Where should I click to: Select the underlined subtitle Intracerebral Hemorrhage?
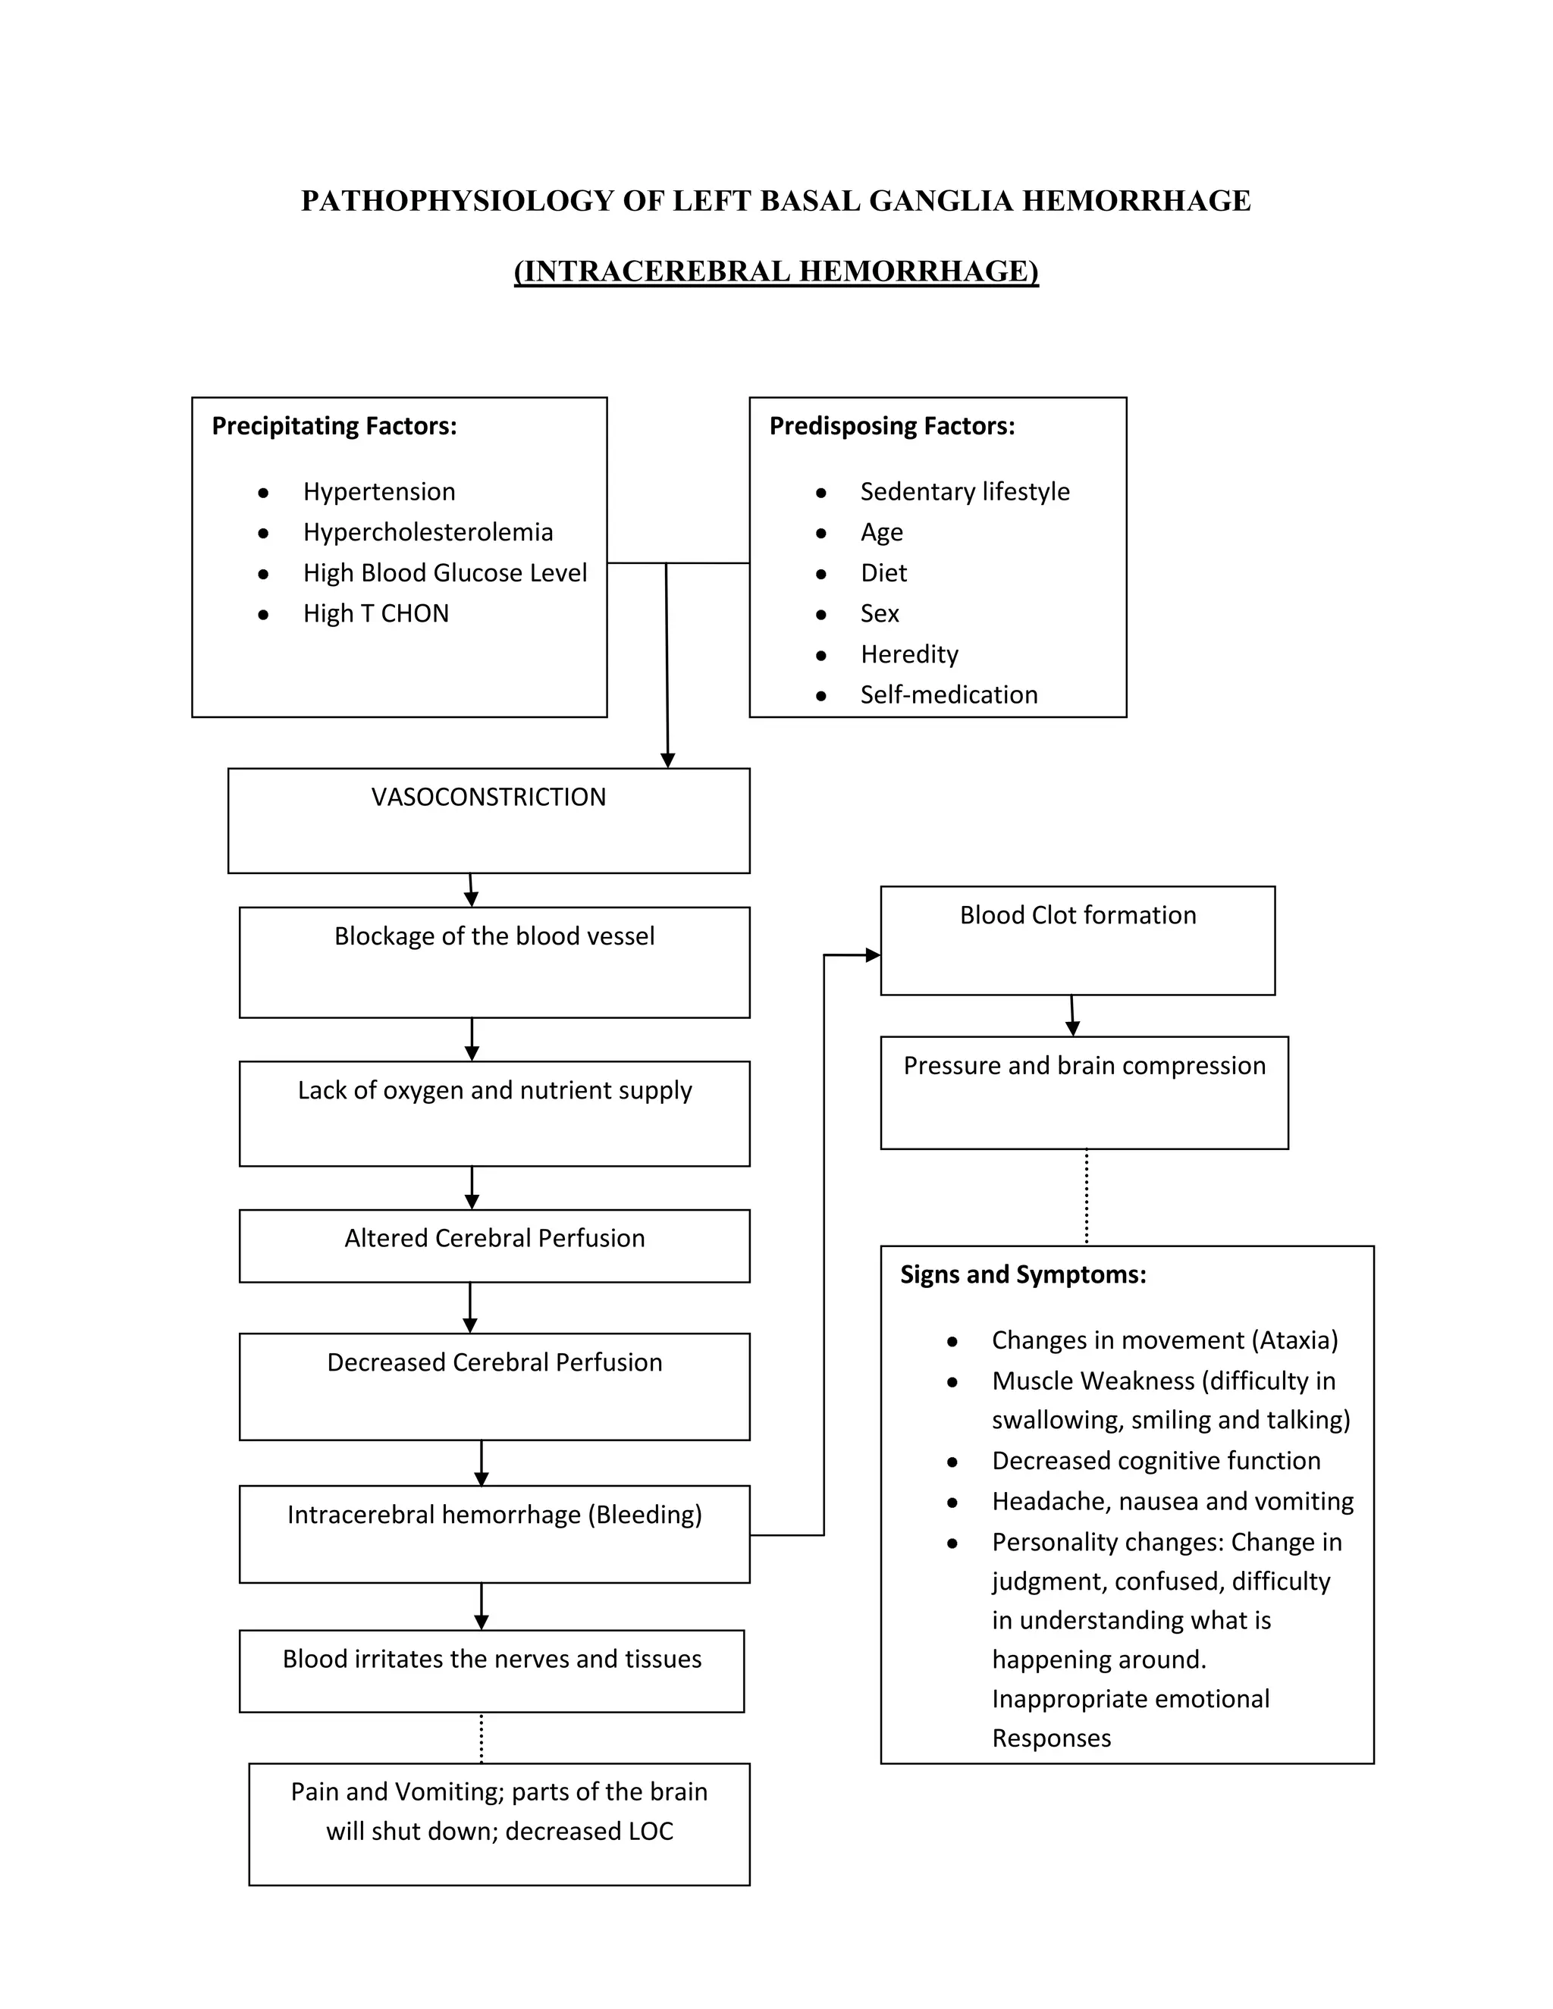[776, 271]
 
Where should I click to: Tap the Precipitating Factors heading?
[334, 426]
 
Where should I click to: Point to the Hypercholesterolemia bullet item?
[428, 533]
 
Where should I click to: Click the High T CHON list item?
[375, 613]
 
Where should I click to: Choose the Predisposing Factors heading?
[892, 426]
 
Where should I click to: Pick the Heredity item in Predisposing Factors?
[909, 654]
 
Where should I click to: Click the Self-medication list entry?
[949, 694]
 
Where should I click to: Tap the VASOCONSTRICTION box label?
[488, 798]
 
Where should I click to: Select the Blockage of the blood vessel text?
[494, 936]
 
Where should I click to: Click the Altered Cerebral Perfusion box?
[494, 1238]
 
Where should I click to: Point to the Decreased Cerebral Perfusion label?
[494, 1362]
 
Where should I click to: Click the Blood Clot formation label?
[1078, 915]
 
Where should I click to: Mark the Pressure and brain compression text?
[1084, 1066]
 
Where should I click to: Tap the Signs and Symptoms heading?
[1023, 1275]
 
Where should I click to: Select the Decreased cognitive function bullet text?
[1156, 1461]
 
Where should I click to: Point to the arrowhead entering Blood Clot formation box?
[873, 954]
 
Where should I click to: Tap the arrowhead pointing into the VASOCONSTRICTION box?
[668, 760]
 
